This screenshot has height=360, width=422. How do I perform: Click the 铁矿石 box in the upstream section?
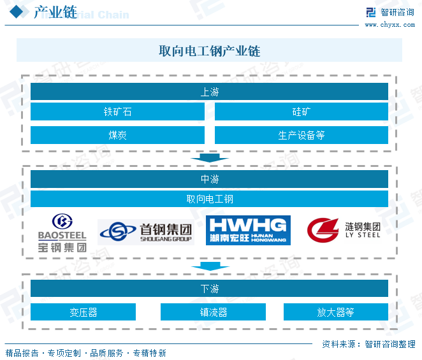(118, 112)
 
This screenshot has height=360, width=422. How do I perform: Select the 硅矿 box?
(301, 112)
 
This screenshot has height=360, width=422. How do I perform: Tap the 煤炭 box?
(118, 135)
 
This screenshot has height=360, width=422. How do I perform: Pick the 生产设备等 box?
(301, 135)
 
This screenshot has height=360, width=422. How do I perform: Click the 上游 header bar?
(209, 92)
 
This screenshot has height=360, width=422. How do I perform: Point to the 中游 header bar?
(209, 179)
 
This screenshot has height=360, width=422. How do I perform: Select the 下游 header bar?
(209, 289)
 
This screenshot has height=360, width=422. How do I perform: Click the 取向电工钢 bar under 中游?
(209, 199)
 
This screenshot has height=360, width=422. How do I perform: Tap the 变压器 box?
(83, 312)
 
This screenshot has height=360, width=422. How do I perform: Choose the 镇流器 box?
(213, 312)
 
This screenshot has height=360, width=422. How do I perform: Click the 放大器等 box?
(335, 312)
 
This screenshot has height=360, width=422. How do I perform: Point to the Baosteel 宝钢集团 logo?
(62, 233)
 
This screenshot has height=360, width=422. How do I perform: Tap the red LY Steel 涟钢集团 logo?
(344, 229)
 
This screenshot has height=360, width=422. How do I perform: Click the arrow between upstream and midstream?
(209, 157)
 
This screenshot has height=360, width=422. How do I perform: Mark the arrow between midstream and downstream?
(209, 266)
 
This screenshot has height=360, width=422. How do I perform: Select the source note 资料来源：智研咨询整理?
(368, 344)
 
